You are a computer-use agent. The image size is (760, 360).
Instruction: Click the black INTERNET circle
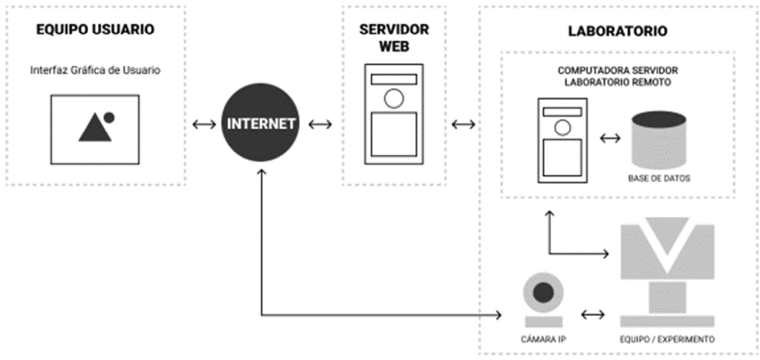(x=261, y=123)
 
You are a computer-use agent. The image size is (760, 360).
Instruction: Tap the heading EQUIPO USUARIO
(x=95, y=29)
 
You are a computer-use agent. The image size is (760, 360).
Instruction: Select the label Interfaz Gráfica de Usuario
(x=95, y=70)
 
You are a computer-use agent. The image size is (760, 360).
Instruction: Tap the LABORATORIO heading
(x=618, y=31)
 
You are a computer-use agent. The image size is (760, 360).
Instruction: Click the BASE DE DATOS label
(x=659, y=178)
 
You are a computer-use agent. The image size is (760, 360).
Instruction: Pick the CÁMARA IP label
(x=543, y=339)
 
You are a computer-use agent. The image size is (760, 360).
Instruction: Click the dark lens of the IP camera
(x=543, y=293)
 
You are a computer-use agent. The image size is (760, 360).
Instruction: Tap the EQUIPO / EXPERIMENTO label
(x=667, y=339)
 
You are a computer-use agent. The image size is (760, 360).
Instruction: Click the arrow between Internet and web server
(x=320, y=124)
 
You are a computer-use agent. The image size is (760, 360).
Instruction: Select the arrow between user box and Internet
(x=204, y=124)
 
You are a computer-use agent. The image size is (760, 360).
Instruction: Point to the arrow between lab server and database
(x=610, y=139)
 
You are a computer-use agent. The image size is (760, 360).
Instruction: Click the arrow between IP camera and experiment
(x=593, y=314)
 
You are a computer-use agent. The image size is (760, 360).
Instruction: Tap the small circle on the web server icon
(x=394, y=99)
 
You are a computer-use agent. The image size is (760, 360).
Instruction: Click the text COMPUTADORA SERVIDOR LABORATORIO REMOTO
(x=617, y=77)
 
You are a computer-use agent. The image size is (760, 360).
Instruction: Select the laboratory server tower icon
(x=563, y=140)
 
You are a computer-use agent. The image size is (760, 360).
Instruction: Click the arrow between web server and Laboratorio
(x=463, y=124)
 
